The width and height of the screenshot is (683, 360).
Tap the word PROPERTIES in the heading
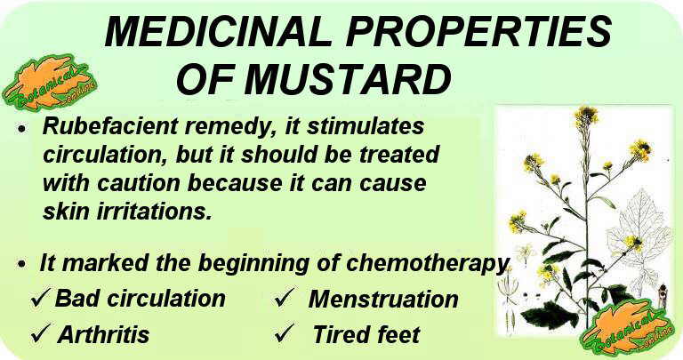pos(479,32)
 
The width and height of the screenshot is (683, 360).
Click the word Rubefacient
pos(110,126)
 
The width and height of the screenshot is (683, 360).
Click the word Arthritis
pos(104,334)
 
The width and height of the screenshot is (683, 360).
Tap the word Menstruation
pos(383,300)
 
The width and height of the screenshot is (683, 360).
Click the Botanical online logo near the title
pos(49,83)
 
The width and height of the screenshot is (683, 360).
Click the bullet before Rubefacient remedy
pos(22,129)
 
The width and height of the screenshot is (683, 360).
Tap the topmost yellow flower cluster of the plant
pos(586,116)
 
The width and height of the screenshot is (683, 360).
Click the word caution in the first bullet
pos(139,183)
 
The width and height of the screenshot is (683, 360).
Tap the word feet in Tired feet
pos(398,334)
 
